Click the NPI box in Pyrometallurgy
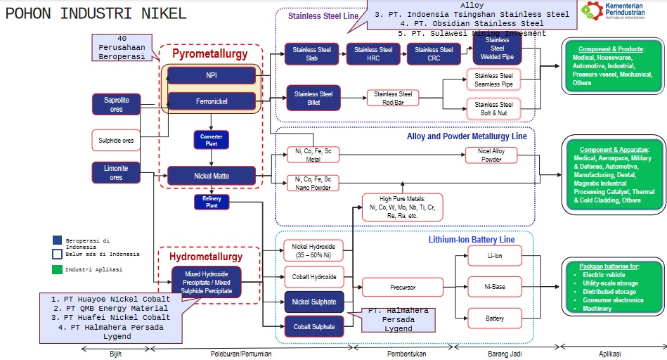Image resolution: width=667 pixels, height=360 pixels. (212, 75)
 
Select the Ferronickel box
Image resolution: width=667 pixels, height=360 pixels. (212, 101)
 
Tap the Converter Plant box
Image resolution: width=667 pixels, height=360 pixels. (212, 139)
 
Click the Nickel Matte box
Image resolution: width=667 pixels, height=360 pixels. (212, 175)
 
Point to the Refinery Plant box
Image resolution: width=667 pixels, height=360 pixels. (212, 202)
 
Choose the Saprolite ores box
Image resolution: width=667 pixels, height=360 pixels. (116, 104)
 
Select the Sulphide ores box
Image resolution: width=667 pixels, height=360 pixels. (116, 139)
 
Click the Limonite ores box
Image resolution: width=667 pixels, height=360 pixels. (116, 173)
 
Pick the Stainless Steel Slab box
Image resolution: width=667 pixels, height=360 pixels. (312, 54)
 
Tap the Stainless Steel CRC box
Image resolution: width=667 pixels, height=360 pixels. (434, 54)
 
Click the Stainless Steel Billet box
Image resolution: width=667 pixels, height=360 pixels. (313, 98)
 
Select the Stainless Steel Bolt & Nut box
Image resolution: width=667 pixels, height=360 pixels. (493, 108)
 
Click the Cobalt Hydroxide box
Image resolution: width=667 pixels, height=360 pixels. (313, 276)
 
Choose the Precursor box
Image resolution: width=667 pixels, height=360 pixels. (402, 287)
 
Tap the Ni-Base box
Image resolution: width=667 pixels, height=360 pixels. (495, 287)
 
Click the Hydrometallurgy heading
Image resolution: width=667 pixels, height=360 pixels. (206, 257)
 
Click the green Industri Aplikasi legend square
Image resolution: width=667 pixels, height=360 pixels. (56, 269)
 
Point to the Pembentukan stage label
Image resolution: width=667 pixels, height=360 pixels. (407, 353)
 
